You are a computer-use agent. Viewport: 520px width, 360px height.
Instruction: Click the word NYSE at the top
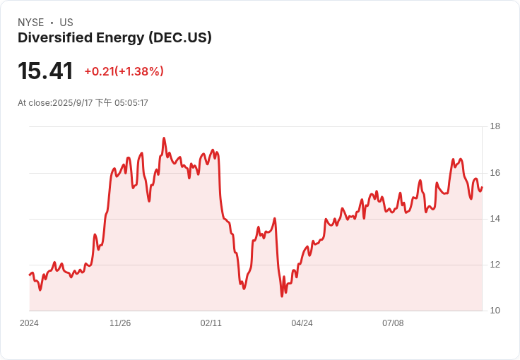tap(31, 23)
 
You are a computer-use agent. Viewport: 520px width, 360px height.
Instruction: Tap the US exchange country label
tap(66, 23)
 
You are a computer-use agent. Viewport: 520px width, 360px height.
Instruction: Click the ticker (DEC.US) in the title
tap(180, 37)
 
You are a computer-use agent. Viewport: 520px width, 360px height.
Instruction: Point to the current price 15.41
tap(45, 71)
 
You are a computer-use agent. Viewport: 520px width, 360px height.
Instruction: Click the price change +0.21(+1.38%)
tap(124, 71)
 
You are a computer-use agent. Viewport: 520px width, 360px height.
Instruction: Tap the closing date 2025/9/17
tap(73, 103)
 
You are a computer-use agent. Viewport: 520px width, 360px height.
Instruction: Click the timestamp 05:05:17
tap(131, 103)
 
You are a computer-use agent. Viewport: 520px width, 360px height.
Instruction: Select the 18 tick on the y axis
tap(495, 126)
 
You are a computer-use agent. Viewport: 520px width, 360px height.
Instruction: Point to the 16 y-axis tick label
tap(495, 173)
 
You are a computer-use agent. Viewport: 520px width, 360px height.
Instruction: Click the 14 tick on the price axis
tap(495, 219)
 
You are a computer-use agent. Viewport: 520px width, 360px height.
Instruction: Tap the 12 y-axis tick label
tap(495, 265)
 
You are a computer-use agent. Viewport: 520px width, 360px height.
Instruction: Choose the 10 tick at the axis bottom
tap(495, 311)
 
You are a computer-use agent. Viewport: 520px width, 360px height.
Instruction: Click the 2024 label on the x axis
tap(29, 323)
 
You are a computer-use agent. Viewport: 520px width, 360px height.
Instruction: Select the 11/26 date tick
tap(120, 323)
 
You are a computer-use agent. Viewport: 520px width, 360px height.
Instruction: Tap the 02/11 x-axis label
tap(211, 323)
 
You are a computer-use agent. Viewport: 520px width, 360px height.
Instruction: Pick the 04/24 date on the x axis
tap(302, 323)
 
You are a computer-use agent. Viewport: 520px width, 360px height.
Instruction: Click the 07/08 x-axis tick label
tap(393, 323)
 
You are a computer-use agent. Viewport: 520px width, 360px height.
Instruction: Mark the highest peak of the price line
tap(164, 138)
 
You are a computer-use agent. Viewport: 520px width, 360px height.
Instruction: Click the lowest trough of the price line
tap(282, 296)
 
